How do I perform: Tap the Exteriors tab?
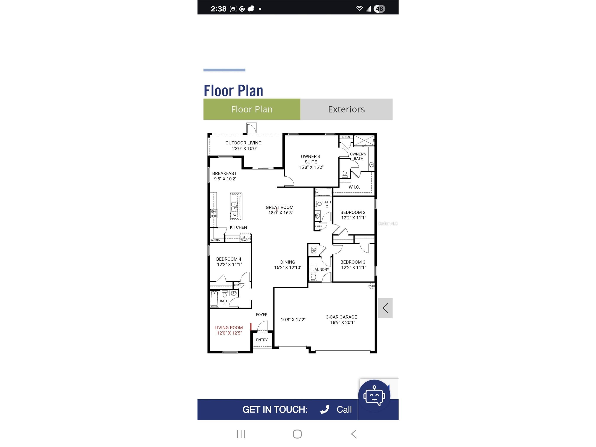pos(346,109)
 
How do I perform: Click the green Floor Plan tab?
pos(252,109)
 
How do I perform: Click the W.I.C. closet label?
pos(354,187)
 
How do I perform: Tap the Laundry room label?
pos(321,269)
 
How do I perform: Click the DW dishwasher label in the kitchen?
pos(234,215)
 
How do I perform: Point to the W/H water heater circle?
pos(371,286)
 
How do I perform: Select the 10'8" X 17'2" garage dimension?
pos(293,320)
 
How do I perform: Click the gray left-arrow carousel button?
pos(385,308)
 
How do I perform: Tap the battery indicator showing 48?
pos(379,9)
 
